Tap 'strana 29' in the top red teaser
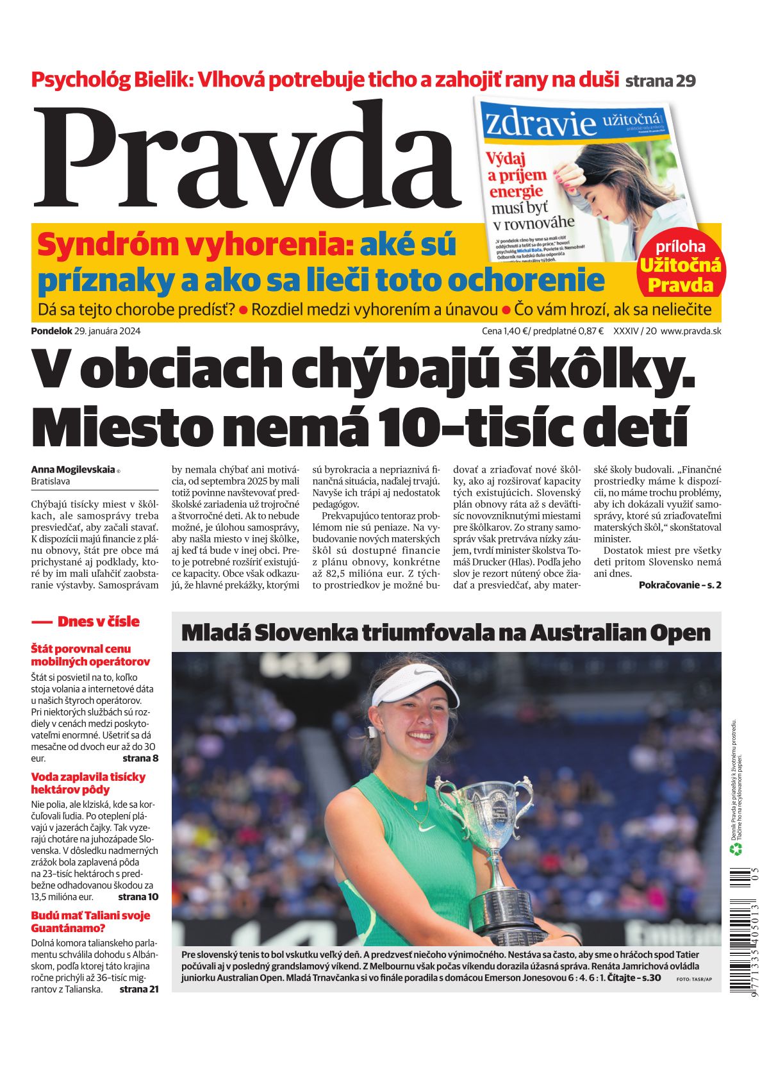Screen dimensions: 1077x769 (660, 81)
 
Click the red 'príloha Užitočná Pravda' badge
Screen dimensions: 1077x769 (680, 267)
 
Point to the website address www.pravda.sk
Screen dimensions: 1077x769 (691, 331)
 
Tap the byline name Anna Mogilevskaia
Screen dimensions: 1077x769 (73, 469)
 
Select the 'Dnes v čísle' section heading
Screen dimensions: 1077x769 (97, 621)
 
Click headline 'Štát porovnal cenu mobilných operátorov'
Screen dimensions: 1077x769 (90, 655)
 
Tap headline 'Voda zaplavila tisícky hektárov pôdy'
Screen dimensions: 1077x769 (88, 783)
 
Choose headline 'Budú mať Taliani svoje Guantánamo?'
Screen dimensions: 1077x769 (90, 921)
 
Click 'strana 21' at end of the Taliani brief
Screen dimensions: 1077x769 (138, 989)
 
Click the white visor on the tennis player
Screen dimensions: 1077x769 (414, 685)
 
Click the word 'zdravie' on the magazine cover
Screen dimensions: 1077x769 (540, 123)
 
